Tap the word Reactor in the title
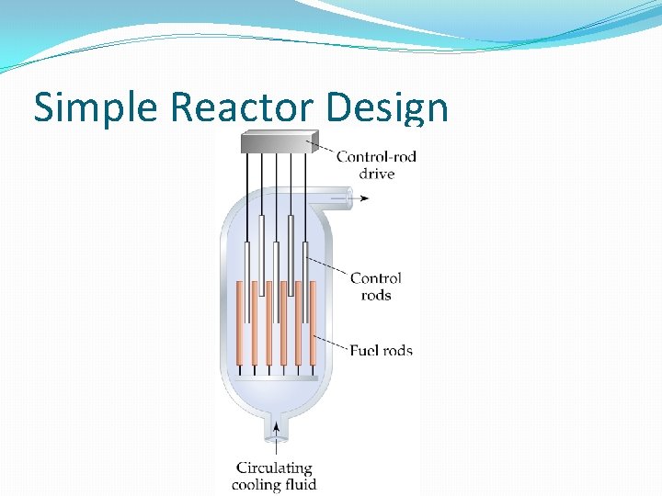click(x=243, y=108)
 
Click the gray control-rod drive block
click(x=276, y=142)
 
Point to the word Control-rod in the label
click(x=376, y=156)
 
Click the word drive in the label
click(x=377, y=174)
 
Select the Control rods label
click(x=376, y=287)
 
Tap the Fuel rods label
click(x=381, y=350)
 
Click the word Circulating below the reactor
click(x=274, y=468)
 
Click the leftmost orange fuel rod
click(x=240, y=321)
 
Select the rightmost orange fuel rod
click(x=313, y=321)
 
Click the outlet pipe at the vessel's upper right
click(x=335, y=196)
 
